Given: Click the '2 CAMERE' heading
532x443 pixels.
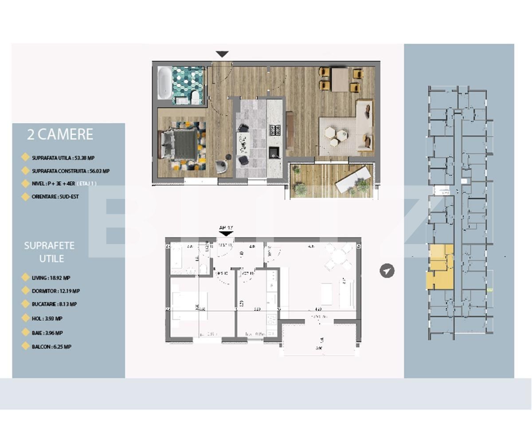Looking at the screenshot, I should [60, 134].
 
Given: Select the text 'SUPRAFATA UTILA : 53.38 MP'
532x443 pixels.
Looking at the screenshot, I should [63, 158].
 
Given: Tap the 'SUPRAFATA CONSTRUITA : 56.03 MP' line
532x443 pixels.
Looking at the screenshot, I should [70, 171].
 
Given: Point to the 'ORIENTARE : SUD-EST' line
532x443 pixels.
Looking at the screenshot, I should [55, 197].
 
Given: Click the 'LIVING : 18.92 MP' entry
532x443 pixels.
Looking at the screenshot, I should [51, 278].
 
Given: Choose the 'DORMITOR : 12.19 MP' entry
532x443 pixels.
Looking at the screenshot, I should [56, 291].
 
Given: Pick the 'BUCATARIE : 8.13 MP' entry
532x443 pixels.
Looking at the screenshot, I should [54, 304].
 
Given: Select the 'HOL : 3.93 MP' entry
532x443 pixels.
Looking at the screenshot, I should [47, 319].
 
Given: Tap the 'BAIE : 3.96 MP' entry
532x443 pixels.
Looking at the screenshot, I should [47, 333].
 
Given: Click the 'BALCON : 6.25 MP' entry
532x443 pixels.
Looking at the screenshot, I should [51, 347].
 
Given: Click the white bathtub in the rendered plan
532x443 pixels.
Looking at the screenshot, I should [164, 83].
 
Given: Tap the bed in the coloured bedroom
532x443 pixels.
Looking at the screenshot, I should [182, 145].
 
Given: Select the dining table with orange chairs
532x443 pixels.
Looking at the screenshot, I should [340, 79].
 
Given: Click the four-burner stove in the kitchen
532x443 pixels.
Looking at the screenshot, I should [275, 130].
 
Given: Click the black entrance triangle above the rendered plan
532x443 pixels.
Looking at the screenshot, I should [222, 54].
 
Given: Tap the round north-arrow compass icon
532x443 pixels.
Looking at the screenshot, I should [387, 271].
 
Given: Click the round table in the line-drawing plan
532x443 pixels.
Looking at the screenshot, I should [338, 257].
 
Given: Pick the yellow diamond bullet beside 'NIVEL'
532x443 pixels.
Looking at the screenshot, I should [25, 183].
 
